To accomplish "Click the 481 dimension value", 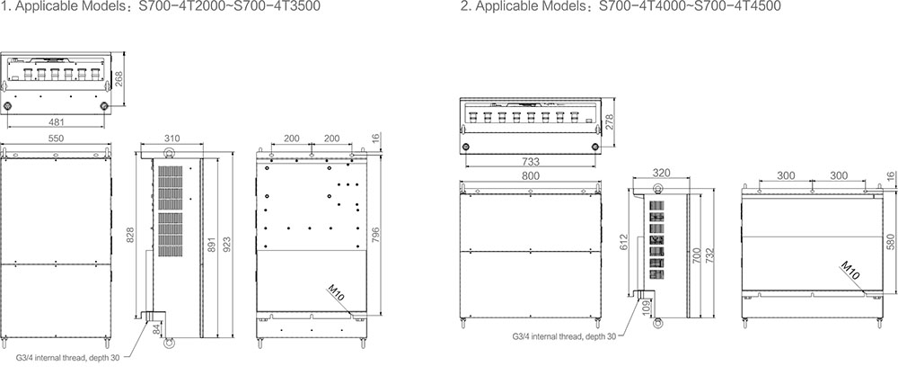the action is point(56,121).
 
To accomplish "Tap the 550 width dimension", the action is point(56,138).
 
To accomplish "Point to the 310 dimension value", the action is point(172,138).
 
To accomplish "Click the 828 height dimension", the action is point(130,236).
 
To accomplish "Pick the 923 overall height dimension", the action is point(227,236).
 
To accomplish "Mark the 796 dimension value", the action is point(375,236).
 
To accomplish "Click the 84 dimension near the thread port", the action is point(155,328).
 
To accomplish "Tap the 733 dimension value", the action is point(531,162).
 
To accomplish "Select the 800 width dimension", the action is point(531,176).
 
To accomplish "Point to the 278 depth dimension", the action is point(610,122).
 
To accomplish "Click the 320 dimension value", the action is point(662,172).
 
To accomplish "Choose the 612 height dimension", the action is point(625,241).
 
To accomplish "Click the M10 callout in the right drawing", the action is point(850,271).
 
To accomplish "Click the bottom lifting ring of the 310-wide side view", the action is point(169,344).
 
